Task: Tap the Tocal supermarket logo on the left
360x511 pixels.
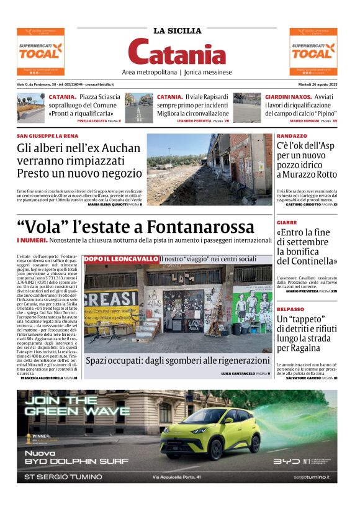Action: [40, 52]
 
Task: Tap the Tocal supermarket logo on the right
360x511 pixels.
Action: [313, 52]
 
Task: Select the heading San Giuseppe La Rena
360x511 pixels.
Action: [47, 135]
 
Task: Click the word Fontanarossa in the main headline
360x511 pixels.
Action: [196, 227]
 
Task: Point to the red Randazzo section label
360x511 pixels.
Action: [291, 135]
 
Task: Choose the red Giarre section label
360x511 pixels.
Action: [286, 222]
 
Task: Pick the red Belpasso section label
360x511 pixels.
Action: [290, 309]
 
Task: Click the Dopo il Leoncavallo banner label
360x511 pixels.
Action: [120, 259]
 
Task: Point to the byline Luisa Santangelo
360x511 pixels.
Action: [239, 374]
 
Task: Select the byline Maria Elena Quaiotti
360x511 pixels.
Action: [107, 204]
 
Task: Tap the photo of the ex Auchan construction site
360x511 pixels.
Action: [209, 169]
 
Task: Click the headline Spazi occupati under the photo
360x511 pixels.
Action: [178, 360]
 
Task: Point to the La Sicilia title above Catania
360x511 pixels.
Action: [178, 30]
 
